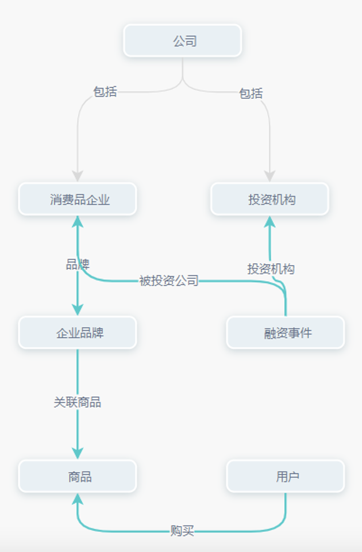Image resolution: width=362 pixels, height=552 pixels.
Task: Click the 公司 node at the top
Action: pyautogui.click(x=182, y=41)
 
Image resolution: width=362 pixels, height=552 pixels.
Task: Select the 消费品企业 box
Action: pyautogui.click(x=78, y=200)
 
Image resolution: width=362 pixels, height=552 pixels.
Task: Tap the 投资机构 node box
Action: pyautogui.click(x=269, y=200)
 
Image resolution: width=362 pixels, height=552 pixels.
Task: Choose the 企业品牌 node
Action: pyautogui.click(x=78, y=333)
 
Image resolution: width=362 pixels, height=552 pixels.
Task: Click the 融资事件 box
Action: pyautogui.click(x=286, y=333)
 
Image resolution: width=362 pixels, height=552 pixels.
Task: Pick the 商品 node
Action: pyautogui.click(x=78, y=477)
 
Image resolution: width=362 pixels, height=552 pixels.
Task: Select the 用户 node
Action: pyautogui.click(x=286, y=477)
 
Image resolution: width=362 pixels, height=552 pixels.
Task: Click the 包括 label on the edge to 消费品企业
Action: pyautogui.click(x=105, y=91)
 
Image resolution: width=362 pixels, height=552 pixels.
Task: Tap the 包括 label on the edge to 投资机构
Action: pyautogui.click(x=251, y=93)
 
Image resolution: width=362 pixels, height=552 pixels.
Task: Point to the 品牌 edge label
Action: pyautogui.click(x=78, y=264)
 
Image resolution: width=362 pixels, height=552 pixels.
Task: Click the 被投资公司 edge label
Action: pyautogui.click(x=169, y=281)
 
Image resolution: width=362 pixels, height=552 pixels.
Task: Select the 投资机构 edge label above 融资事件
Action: pyautogui.click(x=271, y=269)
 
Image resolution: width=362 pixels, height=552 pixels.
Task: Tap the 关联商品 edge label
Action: pyautogui.click(x=78, y=402)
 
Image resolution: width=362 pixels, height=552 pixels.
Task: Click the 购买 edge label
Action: pyautogui.click(x=182, y=531)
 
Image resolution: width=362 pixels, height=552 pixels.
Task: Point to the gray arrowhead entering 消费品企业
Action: pyautogui.click(x=78, y=177)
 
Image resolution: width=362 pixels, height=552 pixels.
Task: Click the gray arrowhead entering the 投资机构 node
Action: pyautogui.click(x=269, y=177)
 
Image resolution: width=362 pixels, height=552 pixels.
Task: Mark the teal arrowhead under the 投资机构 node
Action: pyautogui.click(x=269, y=222)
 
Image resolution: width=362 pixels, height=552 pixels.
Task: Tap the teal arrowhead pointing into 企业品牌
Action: pyautogui.click(x=78, y=309)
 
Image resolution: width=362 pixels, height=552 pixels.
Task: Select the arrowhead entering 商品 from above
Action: pyautogui.click(x=78, y=453)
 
